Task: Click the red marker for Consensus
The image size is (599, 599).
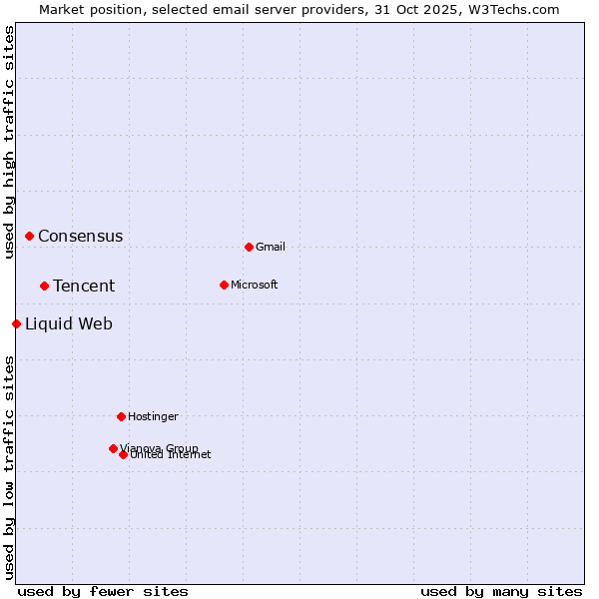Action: tap(30, 236)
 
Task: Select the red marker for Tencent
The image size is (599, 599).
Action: tap(45, 286)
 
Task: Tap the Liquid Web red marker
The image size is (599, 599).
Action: tap(17, 323)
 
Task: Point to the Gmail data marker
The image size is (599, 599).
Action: tap(249, 247)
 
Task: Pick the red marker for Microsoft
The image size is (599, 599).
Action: tap(224, 285)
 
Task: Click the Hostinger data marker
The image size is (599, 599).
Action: tap(121, 416)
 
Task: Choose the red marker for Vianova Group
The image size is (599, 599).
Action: tap(113, 448)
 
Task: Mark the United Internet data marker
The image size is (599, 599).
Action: tap(123, 454)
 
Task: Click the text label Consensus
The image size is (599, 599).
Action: tap(81, 237)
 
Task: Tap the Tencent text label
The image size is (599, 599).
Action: tap(84, 287)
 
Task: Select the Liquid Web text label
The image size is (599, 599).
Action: tap(69, 323)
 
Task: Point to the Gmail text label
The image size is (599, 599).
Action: tap(271, 248)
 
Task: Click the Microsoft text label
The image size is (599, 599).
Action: tap(255, 286)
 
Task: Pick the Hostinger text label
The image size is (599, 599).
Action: tap(153, 416)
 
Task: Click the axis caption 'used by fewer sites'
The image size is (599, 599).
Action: tap(103, 591)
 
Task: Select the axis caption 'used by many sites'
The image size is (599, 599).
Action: tap(501, 591)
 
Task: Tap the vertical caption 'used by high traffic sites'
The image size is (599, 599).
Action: tap(9, 142)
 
